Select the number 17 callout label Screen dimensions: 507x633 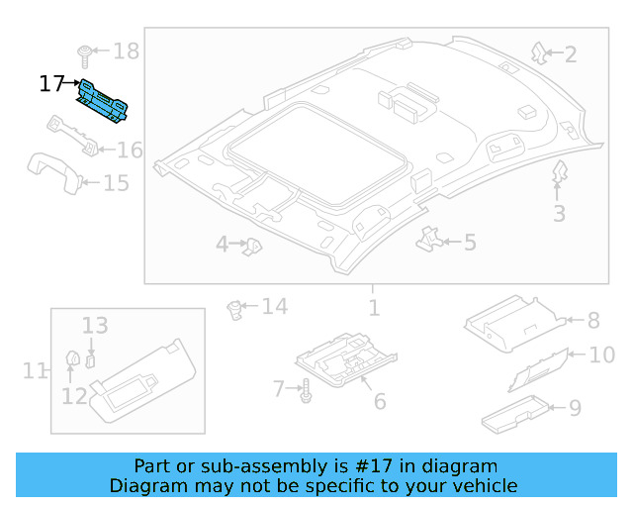pyautogui.click(x=51, y=84)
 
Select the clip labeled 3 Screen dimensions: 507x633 pyautogui.click(x=559, y=172)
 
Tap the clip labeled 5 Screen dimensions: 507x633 pyautogui.click(x=430, y=238)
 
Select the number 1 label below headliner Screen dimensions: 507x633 pyautogui.click(x=374, y=308)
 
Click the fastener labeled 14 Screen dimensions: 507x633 pyautogui.click(x=235, y=309)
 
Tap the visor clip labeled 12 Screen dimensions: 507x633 pyautogui.click(x=72, y=358)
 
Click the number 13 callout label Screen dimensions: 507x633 pyautogui.click(x=94, y=325)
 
